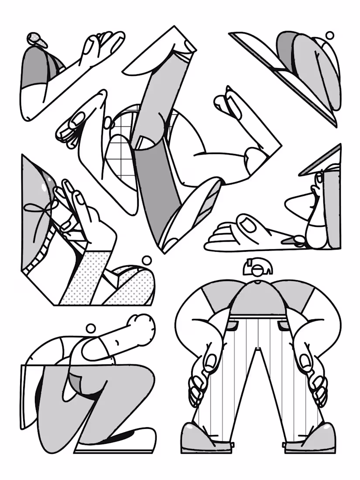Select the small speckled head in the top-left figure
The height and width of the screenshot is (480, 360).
click(x=38, y=40)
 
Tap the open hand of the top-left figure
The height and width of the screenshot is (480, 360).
click(x=100, y=46)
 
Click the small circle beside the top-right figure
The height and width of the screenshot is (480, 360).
click(x=330, y=35)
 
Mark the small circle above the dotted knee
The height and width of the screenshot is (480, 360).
click(x=147, y=261)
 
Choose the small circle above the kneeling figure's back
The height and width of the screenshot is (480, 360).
click(x=90, y=328)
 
